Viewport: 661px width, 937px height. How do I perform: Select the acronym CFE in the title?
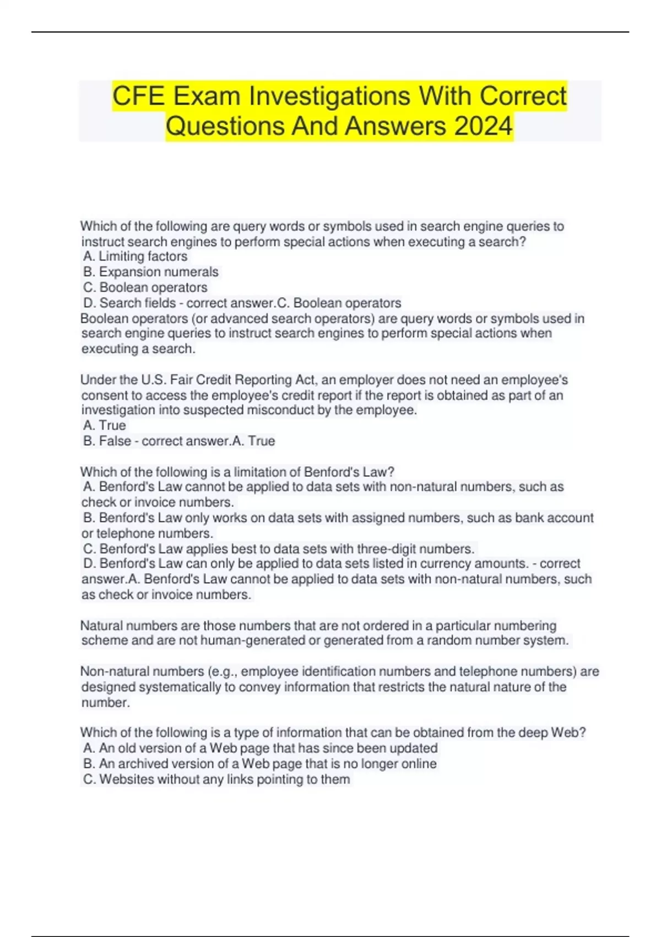138,96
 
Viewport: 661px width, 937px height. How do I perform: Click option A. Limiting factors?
135,256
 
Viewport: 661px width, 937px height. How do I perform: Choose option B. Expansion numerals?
150,272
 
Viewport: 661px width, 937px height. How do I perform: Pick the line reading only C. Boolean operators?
145,287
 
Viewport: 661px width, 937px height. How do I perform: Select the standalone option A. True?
104,426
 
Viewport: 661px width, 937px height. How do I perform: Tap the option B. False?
107,441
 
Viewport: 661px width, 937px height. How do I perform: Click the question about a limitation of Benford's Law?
237,472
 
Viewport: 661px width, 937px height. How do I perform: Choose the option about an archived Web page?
259,764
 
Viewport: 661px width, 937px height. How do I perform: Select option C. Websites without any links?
216,779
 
